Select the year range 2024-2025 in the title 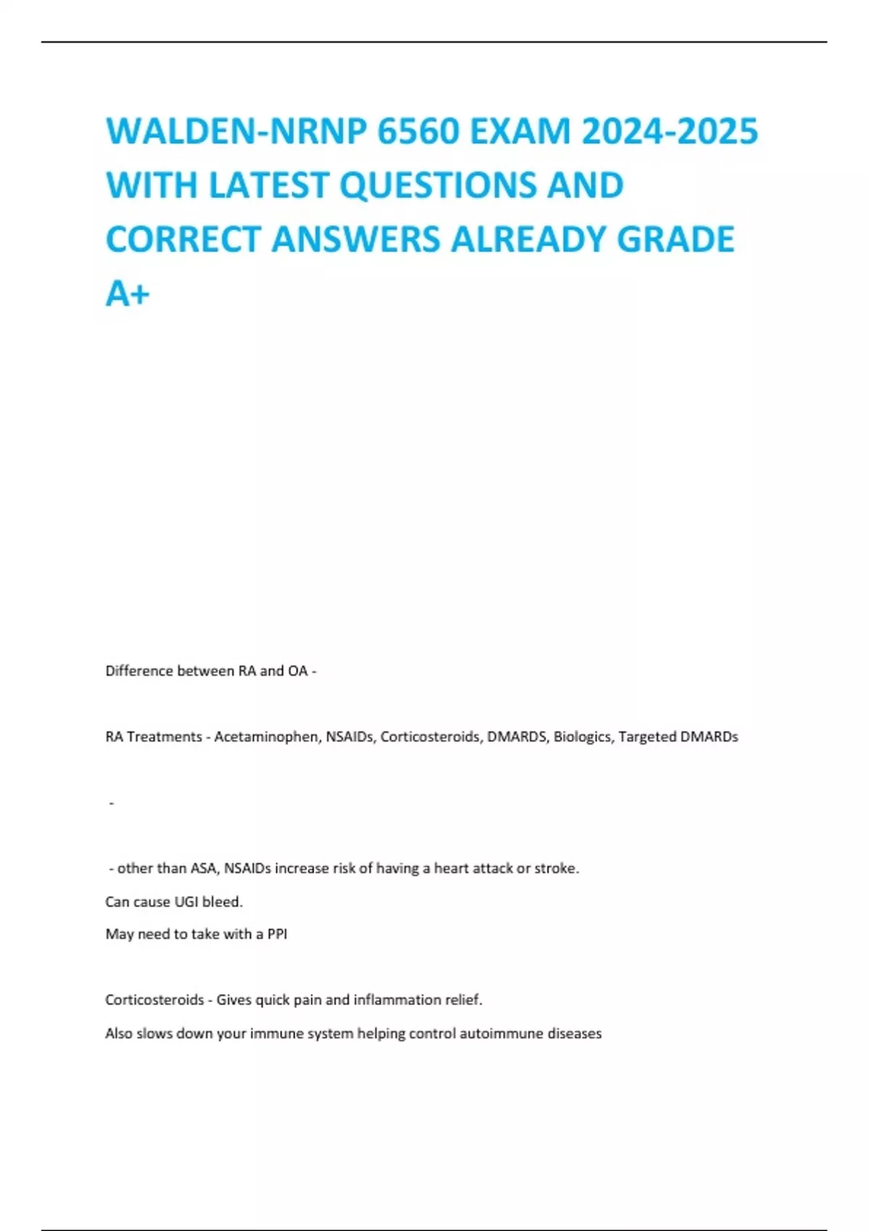pos(670,132)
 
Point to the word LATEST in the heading pos(269,185)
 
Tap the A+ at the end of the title pos(127,293)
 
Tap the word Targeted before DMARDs pos(647,736)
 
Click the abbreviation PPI pos(277,934)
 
